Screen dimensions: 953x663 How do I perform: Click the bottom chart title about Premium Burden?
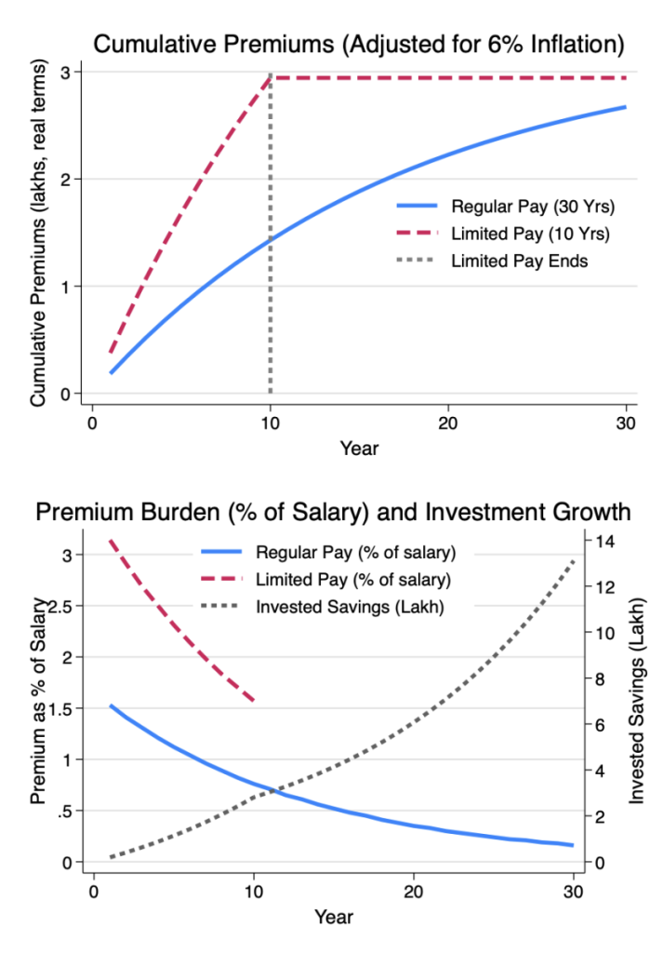click(331, 512)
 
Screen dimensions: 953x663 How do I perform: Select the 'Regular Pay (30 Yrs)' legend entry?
click(503, 206)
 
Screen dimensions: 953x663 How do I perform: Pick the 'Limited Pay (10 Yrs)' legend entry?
click(503, 233)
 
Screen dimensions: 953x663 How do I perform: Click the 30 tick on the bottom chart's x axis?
click(573, 889)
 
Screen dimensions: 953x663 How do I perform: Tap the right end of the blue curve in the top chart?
click(625, 107)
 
